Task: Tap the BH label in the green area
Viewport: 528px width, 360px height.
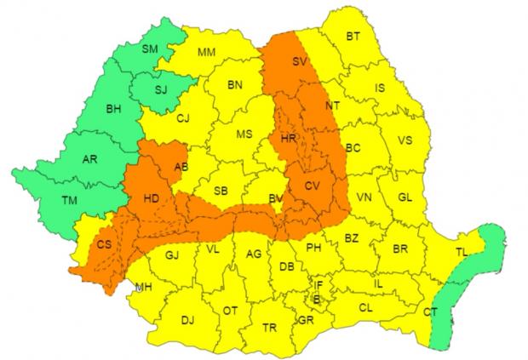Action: (x=113, y=110)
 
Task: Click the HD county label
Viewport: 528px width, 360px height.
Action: (x=152, y=199)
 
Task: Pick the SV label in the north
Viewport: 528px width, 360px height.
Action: (x=299, y=61)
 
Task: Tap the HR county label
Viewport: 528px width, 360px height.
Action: (x=289, y=136)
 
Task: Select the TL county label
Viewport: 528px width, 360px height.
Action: (x=461, y=252)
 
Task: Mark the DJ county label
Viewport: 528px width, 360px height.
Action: (x=188, y=321)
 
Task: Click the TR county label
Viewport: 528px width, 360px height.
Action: (x=270, y=328)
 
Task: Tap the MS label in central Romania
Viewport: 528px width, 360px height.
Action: (x=244, y=134)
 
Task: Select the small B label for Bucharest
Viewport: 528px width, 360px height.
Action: (x=316, y=299)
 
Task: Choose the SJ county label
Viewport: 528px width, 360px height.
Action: (x=161, y=88)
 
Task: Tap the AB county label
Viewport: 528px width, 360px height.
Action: (x=181, y=166)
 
